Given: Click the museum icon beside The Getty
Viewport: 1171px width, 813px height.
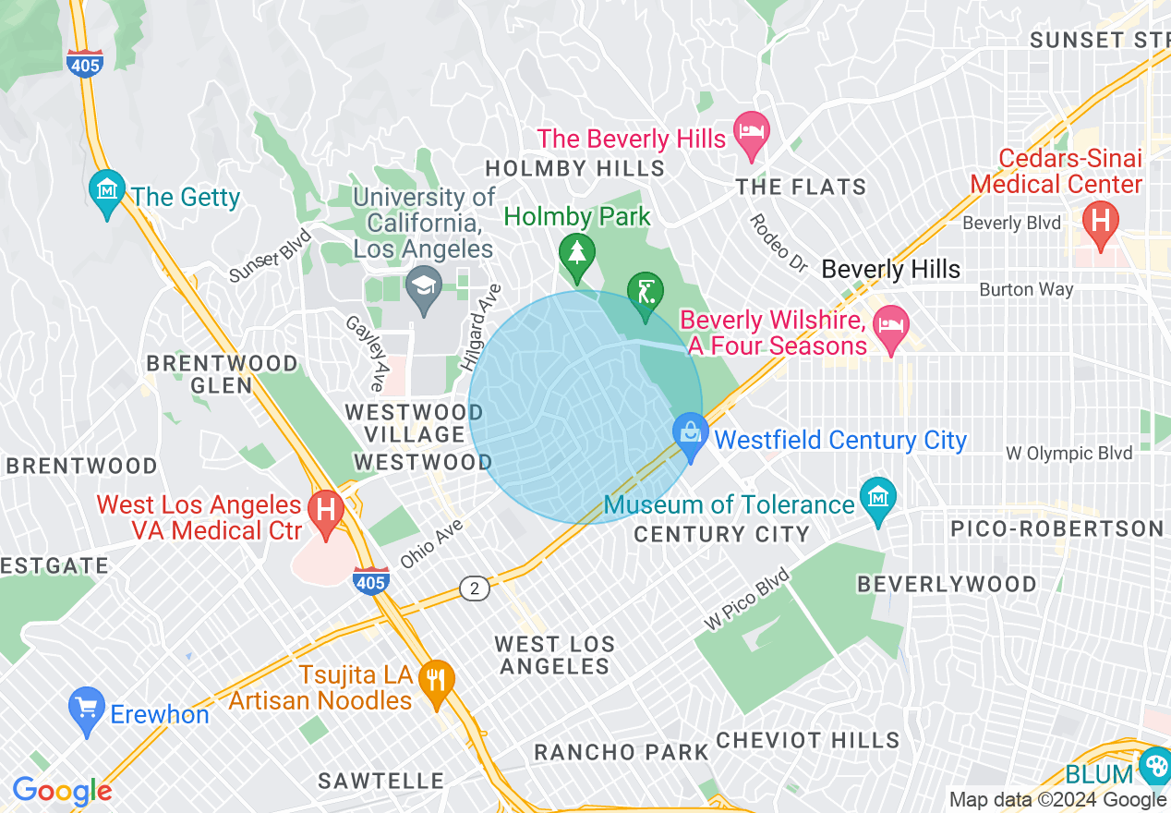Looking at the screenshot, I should pyautogui.click(x=108, y=190).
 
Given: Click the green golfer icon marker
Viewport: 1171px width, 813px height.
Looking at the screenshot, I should pyautogui.click(x=645, y=292).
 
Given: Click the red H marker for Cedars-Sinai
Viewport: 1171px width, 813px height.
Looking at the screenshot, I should pyautogui.click(x=1100, y=222).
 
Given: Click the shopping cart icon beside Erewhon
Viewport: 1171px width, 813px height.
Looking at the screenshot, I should pyautogui.click(x=87, y=709).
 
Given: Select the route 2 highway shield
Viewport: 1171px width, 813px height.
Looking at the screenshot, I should pyautogui.click(x=474, y=589).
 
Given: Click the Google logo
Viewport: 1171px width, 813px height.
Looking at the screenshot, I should pyautogui.click(x=62, y=791).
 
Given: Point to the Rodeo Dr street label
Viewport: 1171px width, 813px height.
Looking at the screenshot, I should pyautogui.click(x=778, y=243).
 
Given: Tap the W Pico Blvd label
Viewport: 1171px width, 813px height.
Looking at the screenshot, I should pyautogui.click(x=748, y=600).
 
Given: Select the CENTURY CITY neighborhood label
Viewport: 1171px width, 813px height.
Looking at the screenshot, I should pyautogui.click(x=721, y=534).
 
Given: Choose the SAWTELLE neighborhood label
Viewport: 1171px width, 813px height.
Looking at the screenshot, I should pyautogui.click(x=380, y=781).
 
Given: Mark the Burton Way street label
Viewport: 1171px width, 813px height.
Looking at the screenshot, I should pyautogui.click(x=1026, y=289).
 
